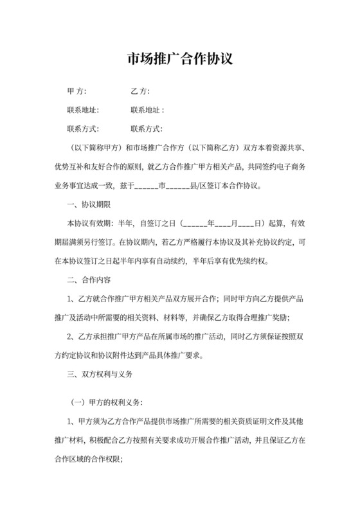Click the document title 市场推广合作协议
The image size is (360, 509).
[x=179, y=60]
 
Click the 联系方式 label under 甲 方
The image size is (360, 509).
[x=83, y=129]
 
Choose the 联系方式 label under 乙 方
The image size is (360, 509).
[x=147, y=129]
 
